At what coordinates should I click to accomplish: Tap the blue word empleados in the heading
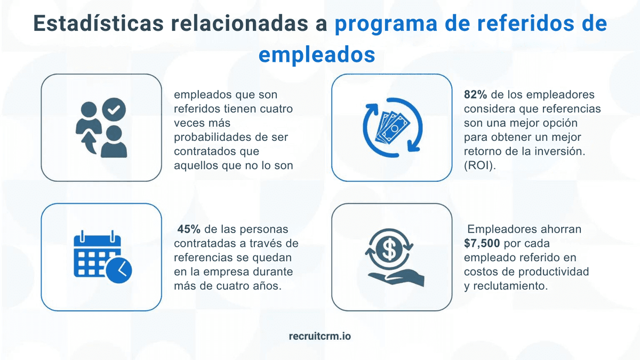pyautogui.click(x=316, y=54)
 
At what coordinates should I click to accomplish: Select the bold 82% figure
pyautogui.click(x=475, y=94)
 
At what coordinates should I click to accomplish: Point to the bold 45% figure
pyautogui.click(x=189, y=229)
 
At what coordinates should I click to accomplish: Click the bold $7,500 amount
pyautogui.click(x=482, y=243)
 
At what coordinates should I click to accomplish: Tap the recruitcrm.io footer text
pyautogui.click(x=319, y=336)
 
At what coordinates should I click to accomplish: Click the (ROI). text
pyautogui.click(x=479, y=165)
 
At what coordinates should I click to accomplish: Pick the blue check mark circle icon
pyautogui.click(x=114, y=110)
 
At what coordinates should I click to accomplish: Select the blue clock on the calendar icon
pyautogui.click(x=118, y=270)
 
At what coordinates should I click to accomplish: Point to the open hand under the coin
pyautogui.click(x=395, y=278)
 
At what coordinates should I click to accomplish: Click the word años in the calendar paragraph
pyautogui.click(x=268, y=286)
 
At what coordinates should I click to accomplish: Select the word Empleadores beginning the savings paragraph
pyautogui.click(x=504, y=229)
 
